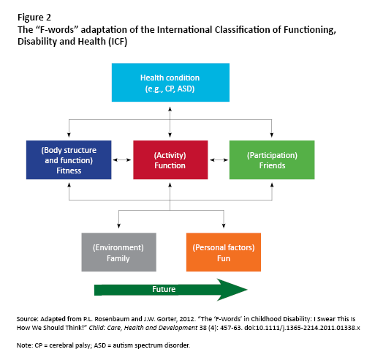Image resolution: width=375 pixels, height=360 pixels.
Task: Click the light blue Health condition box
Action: [170, 83]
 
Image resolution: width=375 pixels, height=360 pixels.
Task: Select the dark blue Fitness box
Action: [69, 160]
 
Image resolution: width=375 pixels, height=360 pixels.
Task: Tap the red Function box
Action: [170, 160]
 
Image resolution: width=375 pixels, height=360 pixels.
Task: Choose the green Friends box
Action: [272, 160]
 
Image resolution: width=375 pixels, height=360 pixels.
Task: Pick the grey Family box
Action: [119, 252]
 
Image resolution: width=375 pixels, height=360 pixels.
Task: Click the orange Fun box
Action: [224, 252]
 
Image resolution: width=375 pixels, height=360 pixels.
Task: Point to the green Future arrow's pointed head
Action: [247, 290]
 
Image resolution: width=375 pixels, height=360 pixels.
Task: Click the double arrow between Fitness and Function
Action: [122, 160]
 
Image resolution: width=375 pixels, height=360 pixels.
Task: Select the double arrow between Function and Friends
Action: [219, 160]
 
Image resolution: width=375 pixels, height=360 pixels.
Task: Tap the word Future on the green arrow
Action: [164, 289]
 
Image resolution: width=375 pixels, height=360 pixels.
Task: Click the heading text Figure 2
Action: [34, 18]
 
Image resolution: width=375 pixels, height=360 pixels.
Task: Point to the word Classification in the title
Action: [243, 30]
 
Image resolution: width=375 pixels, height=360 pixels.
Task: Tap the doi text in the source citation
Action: [302, 328]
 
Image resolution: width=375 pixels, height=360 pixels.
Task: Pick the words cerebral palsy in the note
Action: [69, 345]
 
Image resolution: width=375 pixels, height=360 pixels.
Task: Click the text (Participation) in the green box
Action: [272, 155]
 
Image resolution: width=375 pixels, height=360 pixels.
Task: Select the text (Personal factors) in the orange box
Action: [224, 247]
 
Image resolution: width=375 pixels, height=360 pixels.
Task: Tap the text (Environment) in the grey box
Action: [118, 247]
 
